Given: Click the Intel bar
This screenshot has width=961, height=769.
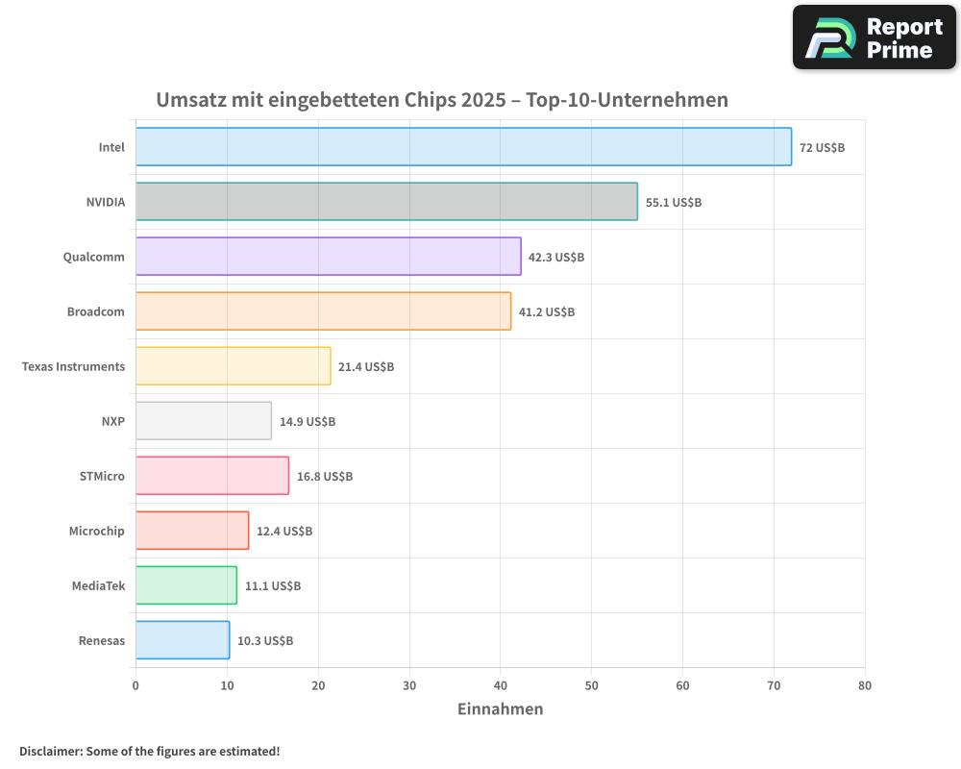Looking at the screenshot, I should point(463,147).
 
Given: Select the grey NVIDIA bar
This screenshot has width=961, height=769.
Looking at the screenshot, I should point(386,202).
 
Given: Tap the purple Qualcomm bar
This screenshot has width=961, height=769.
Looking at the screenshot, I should point(328,257).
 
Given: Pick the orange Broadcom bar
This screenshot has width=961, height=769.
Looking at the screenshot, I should point(323,311).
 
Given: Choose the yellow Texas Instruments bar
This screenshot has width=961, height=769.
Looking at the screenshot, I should point(233,366).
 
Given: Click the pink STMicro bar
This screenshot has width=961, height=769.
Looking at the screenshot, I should point(211,476).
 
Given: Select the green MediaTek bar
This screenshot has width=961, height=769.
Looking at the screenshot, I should point(185,585).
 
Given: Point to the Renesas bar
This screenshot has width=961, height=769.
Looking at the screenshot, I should point(182,640).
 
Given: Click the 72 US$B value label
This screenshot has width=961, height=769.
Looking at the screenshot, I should point(822,148).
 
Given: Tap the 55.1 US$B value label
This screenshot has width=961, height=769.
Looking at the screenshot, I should point(674,203).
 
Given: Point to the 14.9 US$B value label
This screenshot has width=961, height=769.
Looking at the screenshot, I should point(308,422).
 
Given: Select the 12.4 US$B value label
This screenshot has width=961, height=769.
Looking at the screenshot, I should point(284,532).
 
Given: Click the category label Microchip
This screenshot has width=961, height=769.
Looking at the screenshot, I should point(96,532).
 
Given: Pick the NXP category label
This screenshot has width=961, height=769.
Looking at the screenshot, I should point(112,422).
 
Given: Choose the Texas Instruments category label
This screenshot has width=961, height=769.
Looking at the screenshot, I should point(73,367).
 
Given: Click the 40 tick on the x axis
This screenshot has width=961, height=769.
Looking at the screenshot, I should point(500,685).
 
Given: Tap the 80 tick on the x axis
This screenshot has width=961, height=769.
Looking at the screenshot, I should point(865,685).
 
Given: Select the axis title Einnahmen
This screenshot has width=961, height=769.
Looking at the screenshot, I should point(500,709).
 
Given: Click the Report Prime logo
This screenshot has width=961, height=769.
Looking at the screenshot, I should point(874,37).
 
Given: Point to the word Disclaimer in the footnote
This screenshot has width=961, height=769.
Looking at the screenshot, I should point(49,752).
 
